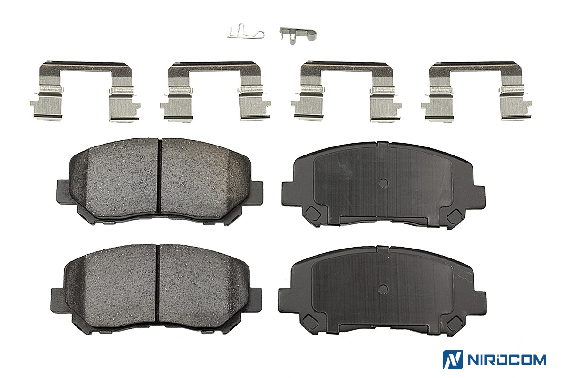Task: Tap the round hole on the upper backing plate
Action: (x=383, y=182)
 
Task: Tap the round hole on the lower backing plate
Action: (x=383, y=288)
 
